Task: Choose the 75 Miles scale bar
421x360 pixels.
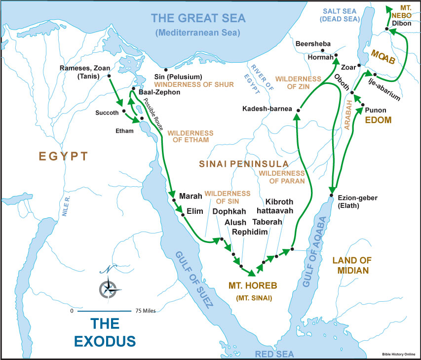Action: (104, 311)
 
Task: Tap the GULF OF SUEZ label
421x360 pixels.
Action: (193, 279)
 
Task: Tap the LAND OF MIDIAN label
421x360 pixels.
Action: (351, 265)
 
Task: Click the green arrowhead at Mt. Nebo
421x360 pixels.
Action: (387, 8)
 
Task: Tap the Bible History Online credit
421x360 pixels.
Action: (399, 354)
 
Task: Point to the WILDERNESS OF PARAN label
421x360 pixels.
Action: (281, 177)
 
